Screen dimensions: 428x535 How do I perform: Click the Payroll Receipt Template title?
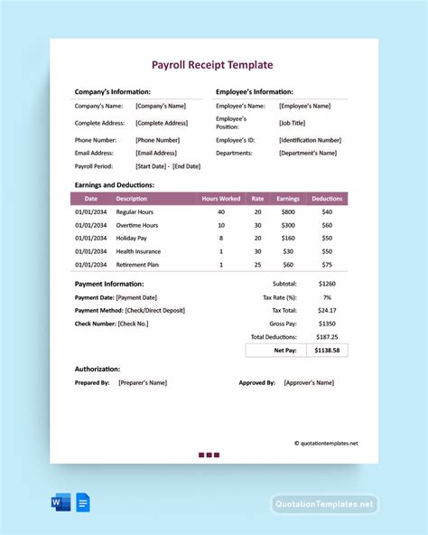[214, 65]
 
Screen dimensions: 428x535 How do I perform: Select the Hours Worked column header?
[221, 199]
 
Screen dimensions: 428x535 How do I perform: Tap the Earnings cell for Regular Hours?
[288, 211]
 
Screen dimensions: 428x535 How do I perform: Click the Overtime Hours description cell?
[137, 225]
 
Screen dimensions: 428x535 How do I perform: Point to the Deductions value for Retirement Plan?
[327, 265]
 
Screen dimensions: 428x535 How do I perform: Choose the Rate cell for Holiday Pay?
[257, 239]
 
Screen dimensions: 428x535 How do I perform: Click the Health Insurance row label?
[138, 251]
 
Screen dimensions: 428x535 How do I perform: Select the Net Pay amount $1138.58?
[326, 349]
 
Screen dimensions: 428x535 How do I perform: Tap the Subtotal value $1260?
[327, 284]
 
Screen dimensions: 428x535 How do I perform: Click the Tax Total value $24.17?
[327, 309]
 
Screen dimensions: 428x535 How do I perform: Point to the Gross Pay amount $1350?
[327, 323]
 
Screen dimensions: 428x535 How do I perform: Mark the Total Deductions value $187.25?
[326, 335]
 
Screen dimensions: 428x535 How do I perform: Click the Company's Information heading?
[113, 91]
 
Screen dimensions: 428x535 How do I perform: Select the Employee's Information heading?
[255, 91]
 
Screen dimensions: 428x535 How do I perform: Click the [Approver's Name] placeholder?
[309, 382]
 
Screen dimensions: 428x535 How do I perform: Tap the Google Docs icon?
[82, 503]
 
